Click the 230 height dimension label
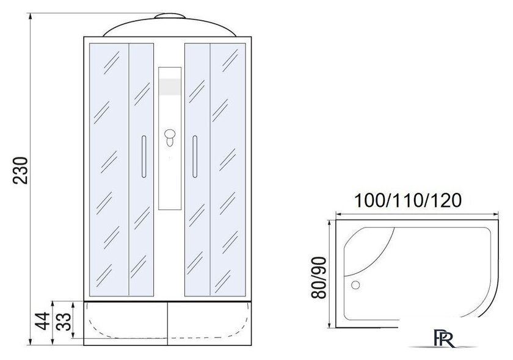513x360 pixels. pos(21,170)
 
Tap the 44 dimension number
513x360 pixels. pos(43,321)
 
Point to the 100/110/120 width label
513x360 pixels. pos(408,200)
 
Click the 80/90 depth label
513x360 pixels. pos(319,278)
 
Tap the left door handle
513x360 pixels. pos(144,157)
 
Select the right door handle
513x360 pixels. pos(195,157)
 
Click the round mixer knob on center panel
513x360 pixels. pos(170,134)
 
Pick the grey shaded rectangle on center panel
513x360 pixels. pos(170,87)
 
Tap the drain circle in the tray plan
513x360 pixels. pos(355,285)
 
